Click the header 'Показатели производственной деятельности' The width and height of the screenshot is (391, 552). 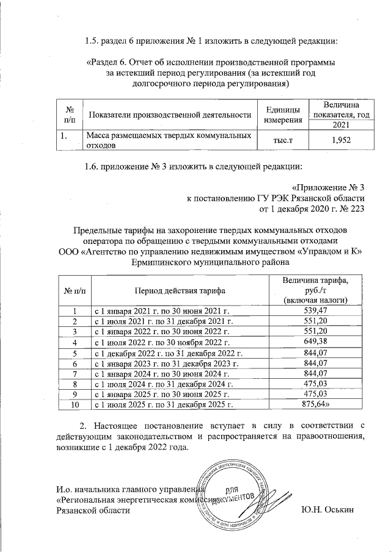(x=170, y=114)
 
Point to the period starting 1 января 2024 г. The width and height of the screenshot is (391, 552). (x=160, y=373)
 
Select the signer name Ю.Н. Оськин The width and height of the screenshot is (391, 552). (x=327, y=510)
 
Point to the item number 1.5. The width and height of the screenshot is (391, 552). (x=93, y=41)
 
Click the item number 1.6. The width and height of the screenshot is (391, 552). (x=93, y=166)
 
